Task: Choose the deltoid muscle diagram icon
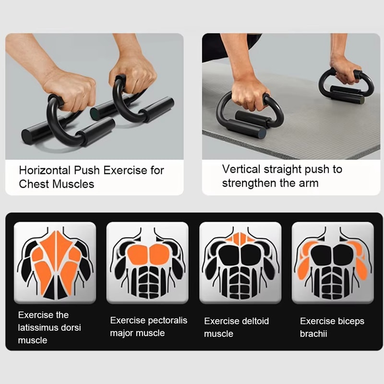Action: pos(240,262)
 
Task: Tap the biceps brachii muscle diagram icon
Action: pos(333,262)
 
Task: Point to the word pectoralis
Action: pos(163,320)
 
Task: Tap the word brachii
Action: pos(313,334)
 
